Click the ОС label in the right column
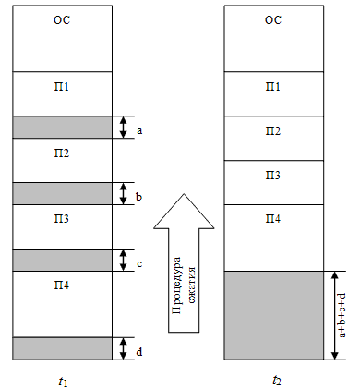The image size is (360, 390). [273, 19]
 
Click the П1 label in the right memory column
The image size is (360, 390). [273, 86]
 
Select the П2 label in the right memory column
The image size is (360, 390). [273, 130]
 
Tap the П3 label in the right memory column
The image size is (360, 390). [273, 175]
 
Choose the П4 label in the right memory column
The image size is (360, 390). [273, 219]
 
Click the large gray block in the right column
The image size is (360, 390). [273, 315]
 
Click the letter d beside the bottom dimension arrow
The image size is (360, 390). [139, 351]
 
